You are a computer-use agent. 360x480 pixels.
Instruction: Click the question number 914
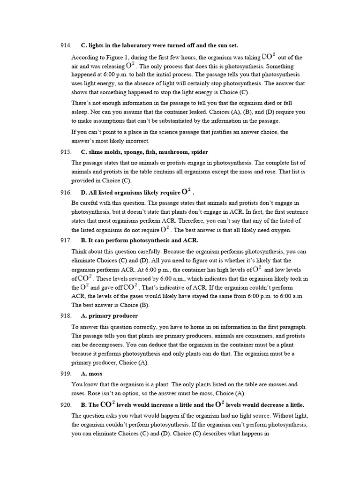(x=65, y=45)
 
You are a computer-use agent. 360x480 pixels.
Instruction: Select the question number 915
(x=65, y=152)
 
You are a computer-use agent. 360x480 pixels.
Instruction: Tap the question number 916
(x=65, y=193)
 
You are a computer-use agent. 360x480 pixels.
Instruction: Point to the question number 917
(x=65, y=240)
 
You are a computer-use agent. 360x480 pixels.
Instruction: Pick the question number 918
(x=65, y=316)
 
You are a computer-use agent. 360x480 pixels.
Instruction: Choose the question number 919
(x=65, y=374)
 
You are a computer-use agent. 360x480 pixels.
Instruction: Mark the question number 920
(x=65, y=405)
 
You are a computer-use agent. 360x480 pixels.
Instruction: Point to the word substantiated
(x=173, y=121)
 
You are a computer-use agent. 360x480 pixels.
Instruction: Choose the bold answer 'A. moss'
(x=91, y=374)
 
